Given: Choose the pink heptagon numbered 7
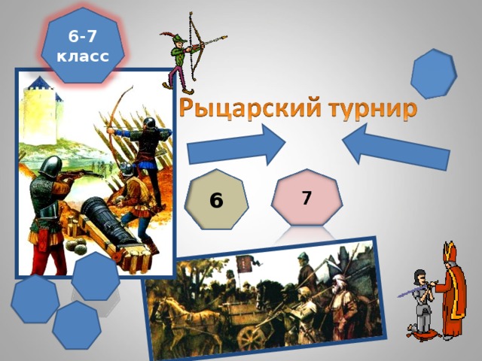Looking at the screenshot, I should click(x=306, y=197).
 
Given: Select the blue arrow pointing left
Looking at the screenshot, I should click(x=395, y=147).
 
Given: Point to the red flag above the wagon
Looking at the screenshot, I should click(x=245, y=265).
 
